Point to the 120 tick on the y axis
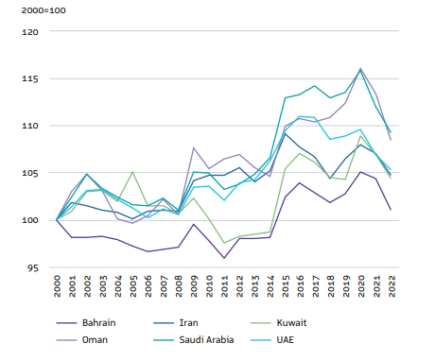tap(31, 31)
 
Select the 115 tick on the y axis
tap(31, 78)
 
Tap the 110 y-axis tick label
tap(31, 126)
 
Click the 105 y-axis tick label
tap(31, 173)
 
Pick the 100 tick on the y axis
tap(31, 220)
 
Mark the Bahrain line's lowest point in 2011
tap(224, 258)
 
